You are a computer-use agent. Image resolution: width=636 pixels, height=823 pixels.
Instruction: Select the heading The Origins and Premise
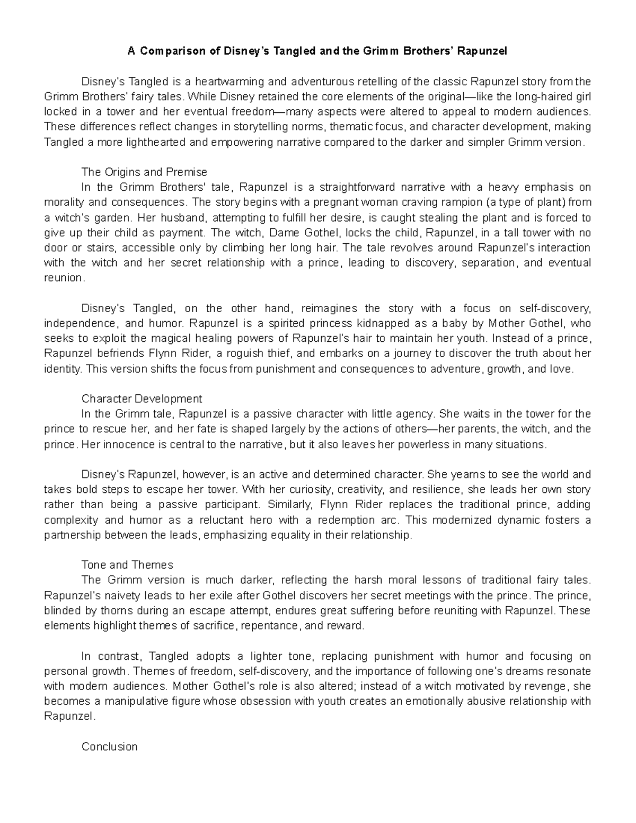pyautogui.click(x=144, y=172)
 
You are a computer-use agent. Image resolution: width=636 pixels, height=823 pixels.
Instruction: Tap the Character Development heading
pyautogui.click(x=142, y=399)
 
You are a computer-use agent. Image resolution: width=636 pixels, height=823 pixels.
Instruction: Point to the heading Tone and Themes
pyautogui.click(x=127, y=565)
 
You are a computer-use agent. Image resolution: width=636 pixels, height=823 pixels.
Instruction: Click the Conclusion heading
pyautogui.click(x=109, y=747)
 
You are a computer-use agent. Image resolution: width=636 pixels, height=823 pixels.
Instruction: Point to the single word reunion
pyautogui.click(x=63, y=278)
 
